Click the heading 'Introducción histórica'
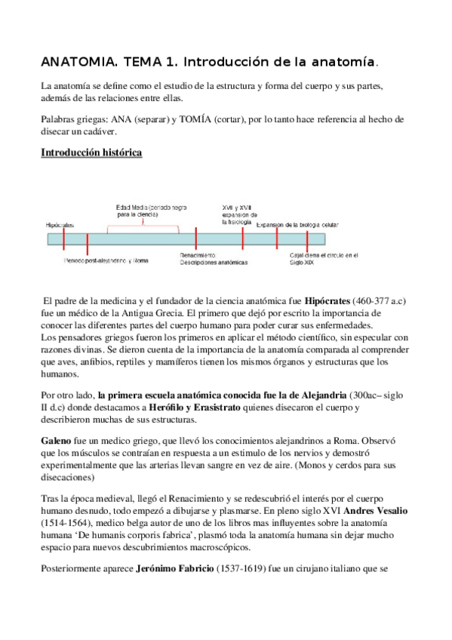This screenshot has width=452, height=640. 91,152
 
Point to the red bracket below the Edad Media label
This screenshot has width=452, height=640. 143,223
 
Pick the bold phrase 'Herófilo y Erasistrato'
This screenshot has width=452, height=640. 197,408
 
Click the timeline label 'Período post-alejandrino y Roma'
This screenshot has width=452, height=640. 106,260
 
